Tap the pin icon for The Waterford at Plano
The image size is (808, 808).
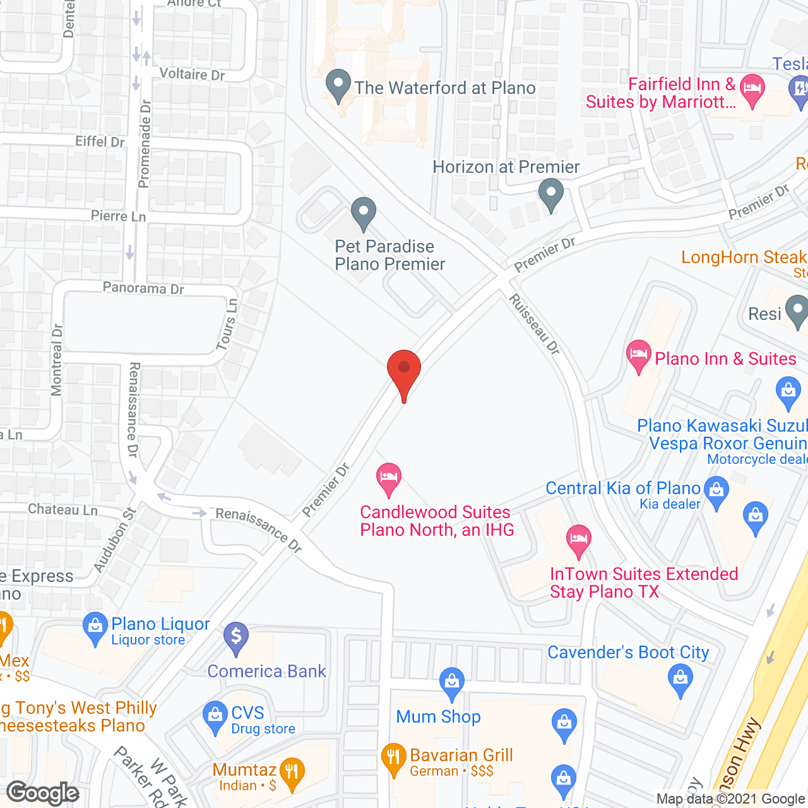338,85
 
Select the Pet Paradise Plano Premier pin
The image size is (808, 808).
363,213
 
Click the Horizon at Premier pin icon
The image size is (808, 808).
551,194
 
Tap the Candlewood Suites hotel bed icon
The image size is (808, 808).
389,478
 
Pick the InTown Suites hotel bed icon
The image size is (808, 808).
578,540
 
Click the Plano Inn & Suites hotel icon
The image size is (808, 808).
639,355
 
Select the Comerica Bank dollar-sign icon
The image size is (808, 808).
236,637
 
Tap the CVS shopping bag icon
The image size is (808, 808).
215,717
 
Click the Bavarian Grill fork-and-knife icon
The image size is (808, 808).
393,759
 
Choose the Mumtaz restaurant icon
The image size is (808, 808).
292,773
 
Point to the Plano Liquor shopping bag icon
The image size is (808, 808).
95,627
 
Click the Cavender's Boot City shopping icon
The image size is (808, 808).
680,680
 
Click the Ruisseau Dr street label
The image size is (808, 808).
535,324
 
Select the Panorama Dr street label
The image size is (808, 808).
143,288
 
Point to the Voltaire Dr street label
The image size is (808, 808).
192,74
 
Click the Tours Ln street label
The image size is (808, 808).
227,324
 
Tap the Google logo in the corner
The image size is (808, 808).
43,792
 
